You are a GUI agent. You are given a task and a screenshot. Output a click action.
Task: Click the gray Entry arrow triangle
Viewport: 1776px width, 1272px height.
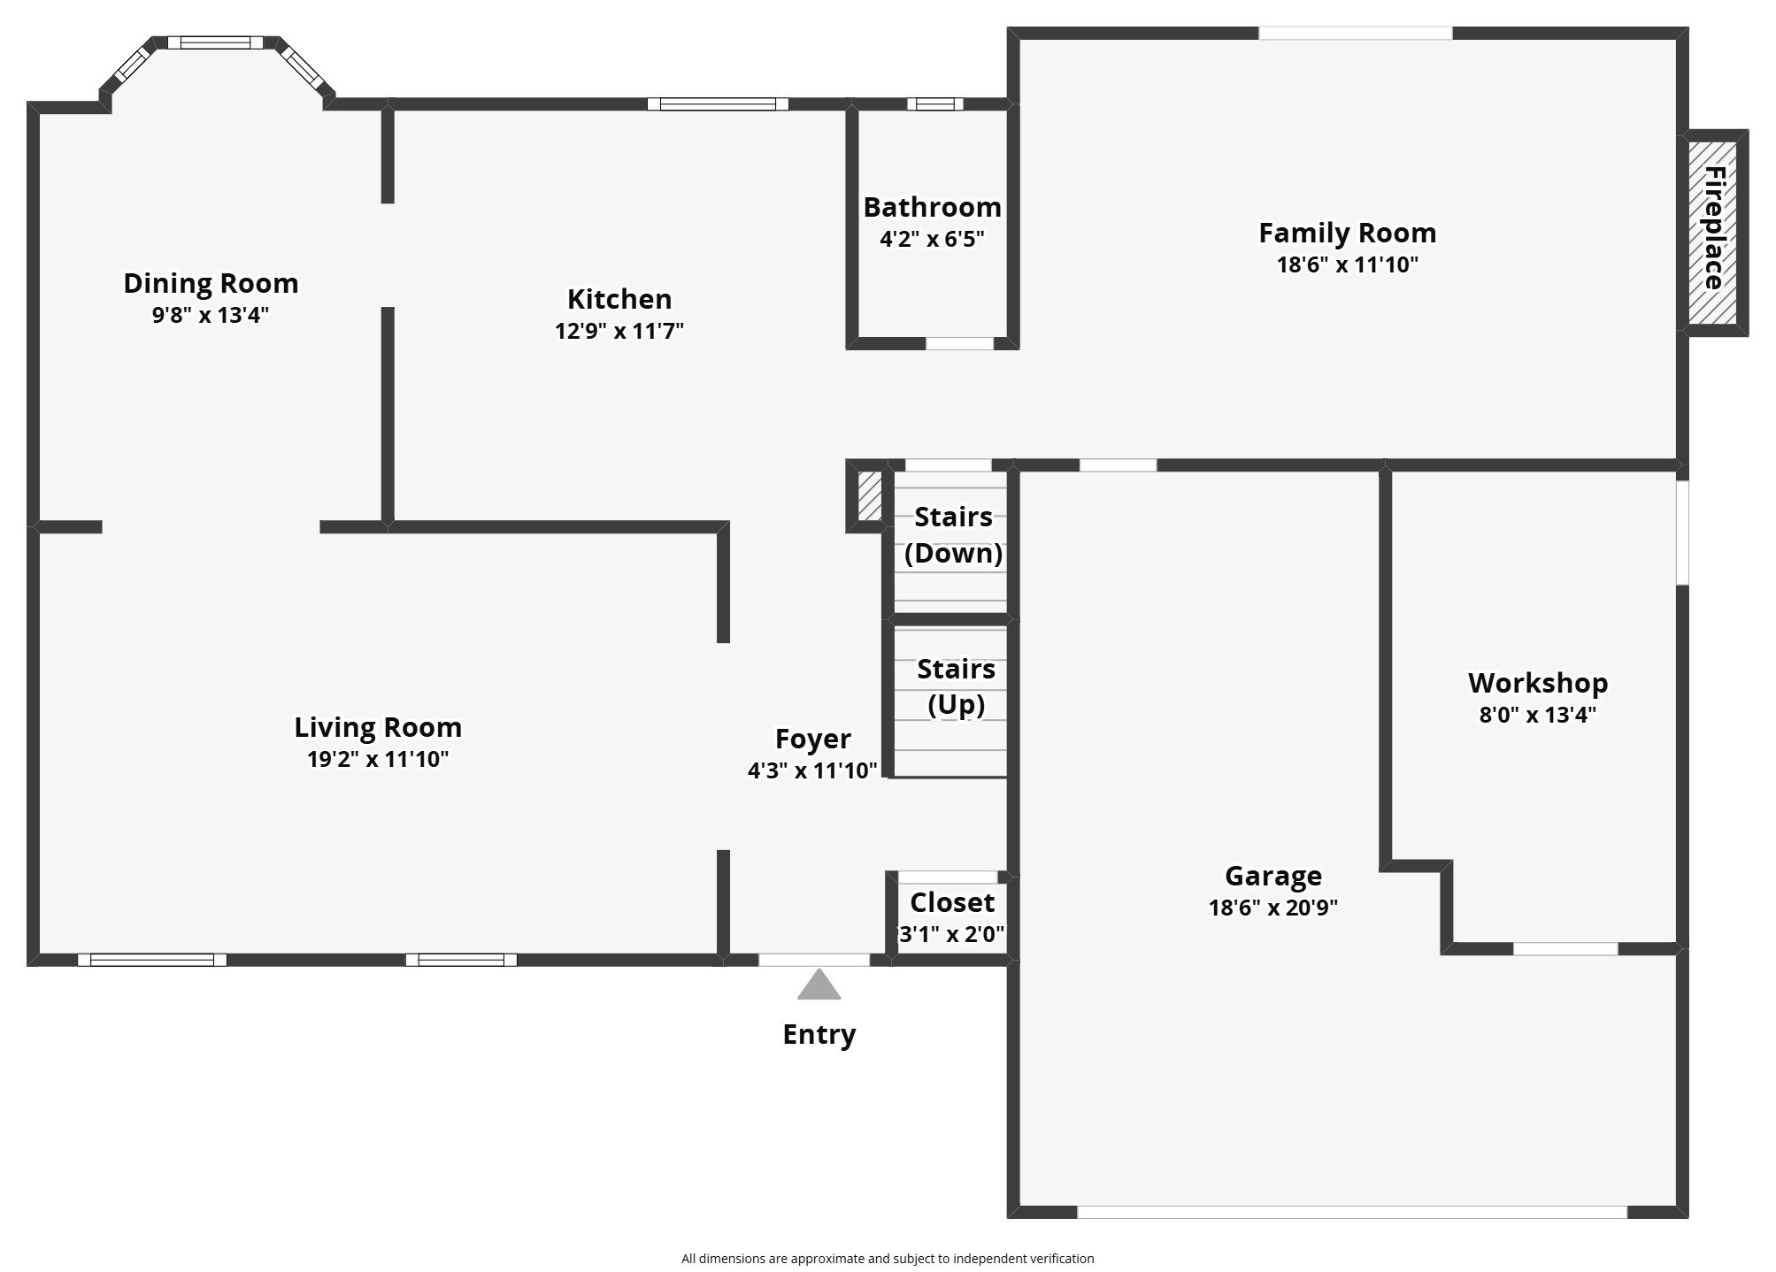coord(819,985)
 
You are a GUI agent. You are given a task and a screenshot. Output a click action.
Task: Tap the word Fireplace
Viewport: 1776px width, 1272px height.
coord(1714,228)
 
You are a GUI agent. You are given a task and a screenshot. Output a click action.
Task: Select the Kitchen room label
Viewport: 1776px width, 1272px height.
coord(619,299)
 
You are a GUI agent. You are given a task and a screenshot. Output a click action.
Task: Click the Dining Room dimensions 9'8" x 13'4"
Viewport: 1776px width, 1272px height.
coord(211,315)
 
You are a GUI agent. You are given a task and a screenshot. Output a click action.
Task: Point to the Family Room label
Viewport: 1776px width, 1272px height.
coord(1347,233)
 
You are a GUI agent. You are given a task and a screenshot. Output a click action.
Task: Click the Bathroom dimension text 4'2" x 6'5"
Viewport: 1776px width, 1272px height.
coord(932,239)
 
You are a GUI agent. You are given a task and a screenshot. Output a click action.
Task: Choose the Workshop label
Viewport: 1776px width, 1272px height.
coord(1537,683)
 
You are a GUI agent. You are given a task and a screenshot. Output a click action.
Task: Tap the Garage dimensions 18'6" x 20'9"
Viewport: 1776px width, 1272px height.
coord(1272,908)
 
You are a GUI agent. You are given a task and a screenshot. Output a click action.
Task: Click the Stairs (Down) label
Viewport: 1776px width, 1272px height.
coord(953,534)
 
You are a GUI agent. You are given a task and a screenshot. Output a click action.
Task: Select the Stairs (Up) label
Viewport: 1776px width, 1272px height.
coord(956,686)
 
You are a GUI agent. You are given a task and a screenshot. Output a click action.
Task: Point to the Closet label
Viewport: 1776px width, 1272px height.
coord(952,902)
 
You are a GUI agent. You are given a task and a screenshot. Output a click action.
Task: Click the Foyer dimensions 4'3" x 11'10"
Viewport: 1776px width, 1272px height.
coord(812,770)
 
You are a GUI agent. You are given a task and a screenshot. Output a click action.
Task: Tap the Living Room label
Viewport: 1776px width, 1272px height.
coord(378,727)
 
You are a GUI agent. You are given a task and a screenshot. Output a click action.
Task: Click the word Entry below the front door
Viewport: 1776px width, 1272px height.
coord(819,1034)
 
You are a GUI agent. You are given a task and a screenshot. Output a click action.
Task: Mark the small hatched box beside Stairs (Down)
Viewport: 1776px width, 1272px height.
coord(869,495)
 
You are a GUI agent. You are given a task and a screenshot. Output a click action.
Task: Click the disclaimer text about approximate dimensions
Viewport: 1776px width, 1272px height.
coord(888,1259)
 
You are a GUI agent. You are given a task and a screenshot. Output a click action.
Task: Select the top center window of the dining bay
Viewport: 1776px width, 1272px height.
coord(215,42)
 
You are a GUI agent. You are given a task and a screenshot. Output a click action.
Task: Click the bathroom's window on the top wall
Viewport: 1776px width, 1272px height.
coord(934,104)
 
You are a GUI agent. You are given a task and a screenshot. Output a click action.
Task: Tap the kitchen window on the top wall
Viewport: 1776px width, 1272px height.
coord(718,104)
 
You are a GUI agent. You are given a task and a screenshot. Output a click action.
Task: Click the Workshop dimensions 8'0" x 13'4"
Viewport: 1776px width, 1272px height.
coord(1537,715)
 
